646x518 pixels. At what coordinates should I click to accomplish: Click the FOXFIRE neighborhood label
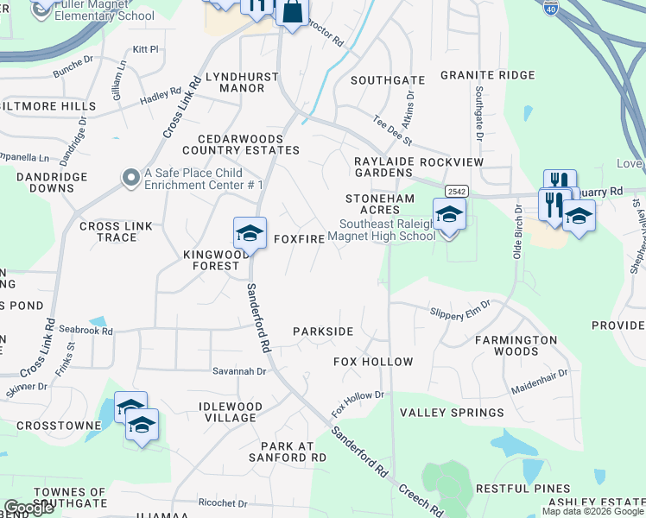coord(299,238)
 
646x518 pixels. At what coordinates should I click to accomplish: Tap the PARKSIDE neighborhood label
coord(323,332)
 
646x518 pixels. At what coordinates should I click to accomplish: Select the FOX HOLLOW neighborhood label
coord(373,362)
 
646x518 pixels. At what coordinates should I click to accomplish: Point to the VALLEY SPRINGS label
coord(453,414)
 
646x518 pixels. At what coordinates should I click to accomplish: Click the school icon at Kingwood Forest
coord(249,234)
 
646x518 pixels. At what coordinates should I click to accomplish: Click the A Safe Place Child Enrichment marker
coord(131,178)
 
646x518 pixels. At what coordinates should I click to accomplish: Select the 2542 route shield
coord(457,190)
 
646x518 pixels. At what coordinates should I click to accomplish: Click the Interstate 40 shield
coord(551,7)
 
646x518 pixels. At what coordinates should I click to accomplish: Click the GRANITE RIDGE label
coord(488,75)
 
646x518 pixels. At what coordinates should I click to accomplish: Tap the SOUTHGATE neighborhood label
coord(388,80)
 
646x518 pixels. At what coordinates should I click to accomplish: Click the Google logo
coord(28,508)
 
